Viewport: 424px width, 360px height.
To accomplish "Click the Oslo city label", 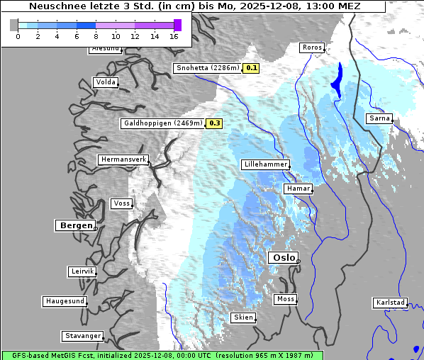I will pyautogui.click(x=284, y=258).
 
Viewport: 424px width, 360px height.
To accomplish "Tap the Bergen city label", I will pyautogui.click(x=74, y=225).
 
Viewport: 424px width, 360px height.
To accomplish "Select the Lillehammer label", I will pyautogui.click(x=266, y=164).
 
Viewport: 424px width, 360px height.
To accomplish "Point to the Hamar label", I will pyautogui.click(x=297, y=189).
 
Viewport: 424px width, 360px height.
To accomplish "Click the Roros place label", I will pyautogui.click(x=312, y=48).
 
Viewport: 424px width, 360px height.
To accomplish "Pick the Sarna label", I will pyautogui.click(x=379, y=118).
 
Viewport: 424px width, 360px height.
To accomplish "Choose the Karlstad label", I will pyautogui.click(x=390, y=303).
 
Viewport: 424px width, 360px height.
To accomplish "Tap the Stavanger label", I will pyautogui.click(x=82, y=336).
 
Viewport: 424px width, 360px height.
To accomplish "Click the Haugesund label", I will pyautogui.click(x=65, y=301).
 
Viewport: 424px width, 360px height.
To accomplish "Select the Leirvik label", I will pyautogui.click(x=82, y=271).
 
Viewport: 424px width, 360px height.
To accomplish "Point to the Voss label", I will pyautogui.click(x=121, y=203).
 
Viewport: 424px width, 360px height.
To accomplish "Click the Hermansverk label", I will pyautogui.click(x=123, y=160).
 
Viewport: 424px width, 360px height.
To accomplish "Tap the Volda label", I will pyautogui.click(x=105, y=82).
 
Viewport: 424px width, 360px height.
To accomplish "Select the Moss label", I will pyautogui.click(x=285, y=299).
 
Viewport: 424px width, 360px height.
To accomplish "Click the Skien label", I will pyautogui.click(x=242, y=317).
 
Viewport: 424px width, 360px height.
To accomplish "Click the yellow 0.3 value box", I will pyautogui.click(x=214, y=123).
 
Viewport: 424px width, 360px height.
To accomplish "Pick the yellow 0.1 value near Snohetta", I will pyautogui.click(x=252, y=68).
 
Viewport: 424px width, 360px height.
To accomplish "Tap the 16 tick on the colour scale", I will pyautogui.click(x=174, y=35).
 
